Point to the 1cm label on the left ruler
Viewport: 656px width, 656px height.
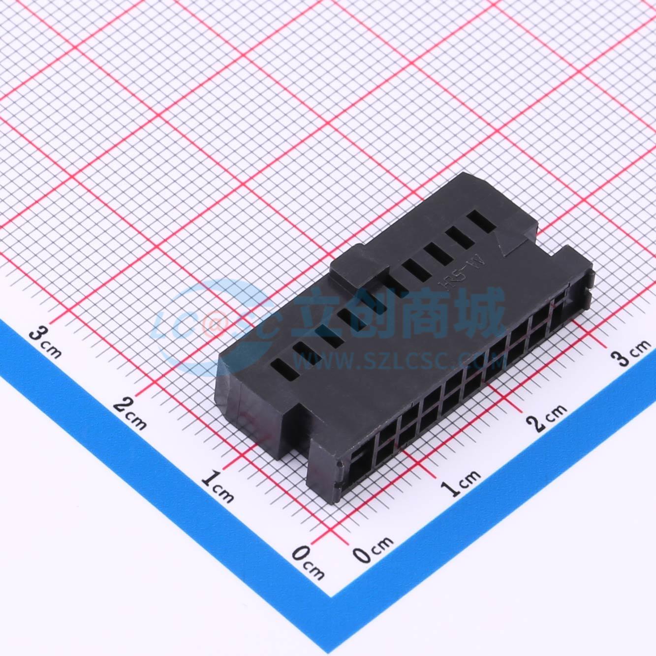coord(218,484)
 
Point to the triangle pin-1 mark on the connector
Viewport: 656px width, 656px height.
coord(506,243)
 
